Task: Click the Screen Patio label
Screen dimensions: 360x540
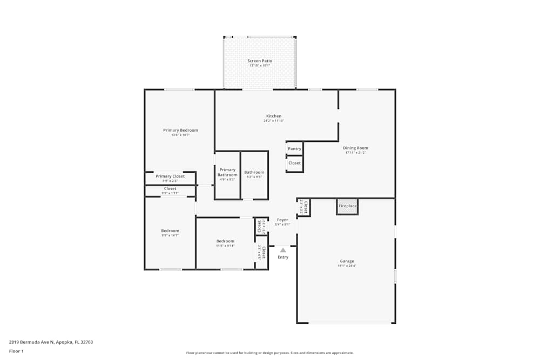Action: pos(260,61)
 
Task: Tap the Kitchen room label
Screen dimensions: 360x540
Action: pos(274,116)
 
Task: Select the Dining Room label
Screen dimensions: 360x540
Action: pos(355,148)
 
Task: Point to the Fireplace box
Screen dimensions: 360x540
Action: pos(347,206)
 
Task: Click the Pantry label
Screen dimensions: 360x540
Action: pos(294,149)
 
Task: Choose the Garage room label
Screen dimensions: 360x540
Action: pos(347,261)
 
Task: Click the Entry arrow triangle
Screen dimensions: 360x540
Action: pos(283,250)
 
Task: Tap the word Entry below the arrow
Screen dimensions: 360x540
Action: pos(283,257)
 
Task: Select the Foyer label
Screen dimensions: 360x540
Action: pos(282,220)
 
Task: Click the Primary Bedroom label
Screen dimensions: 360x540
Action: pos(180,130)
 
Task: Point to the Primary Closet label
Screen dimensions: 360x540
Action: pos(170,176)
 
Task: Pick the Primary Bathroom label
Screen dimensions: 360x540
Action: pos(227,172)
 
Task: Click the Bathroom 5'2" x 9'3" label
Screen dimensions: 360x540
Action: pos(254,173)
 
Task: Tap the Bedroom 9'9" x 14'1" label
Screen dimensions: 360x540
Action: pos(170,231)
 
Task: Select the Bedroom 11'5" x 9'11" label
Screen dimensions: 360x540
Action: pos(225,241)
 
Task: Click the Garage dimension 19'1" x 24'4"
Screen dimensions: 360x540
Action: pos(347,266)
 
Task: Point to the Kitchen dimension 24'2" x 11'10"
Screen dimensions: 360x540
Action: pos(274,121)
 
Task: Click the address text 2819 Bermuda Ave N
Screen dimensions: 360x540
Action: pos(31,342)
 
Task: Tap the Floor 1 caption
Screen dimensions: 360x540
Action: pos(16,351)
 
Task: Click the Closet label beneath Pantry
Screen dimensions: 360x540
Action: pos(294,163)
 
